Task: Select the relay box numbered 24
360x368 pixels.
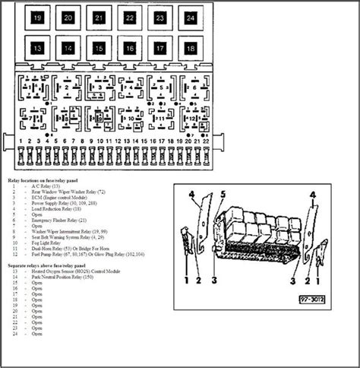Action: tap(189, 17)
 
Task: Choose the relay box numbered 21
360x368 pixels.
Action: tap(99, 17)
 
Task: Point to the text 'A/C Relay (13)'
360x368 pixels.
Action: tap(53, 187)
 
